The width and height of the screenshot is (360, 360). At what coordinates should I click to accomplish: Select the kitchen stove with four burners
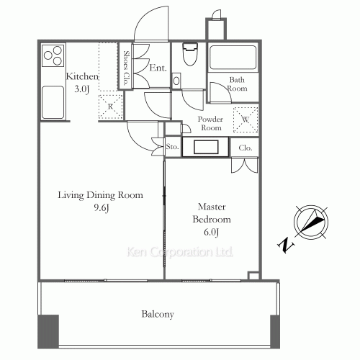coord(53,56)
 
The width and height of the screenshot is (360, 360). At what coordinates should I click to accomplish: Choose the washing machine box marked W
coord(246,119)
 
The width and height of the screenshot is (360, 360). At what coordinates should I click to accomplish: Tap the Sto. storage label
coord(172,147)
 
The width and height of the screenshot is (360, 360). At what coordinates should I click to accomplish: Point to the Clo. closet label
coord(245,148)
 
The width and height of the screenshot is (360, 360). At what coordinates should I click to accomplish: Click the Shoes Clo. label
coord(126,68)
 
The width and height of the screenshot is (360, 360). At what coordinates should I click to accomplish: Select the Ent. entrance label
coord(158,69)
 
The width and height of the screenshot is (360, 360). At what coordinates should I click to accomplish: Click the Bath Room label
coord(238,84)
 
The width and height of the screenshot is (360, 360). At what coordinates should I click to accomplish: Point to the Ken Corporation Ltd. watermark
coord(180,253)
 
